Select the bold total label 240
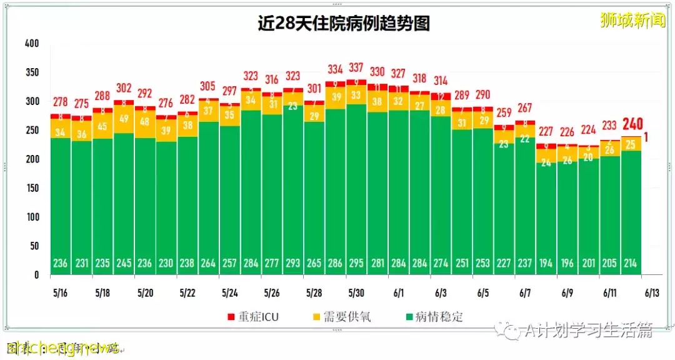tap(632, 124)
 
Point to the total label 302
tap(124, 88)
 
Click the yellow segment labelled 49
tap(124, 119)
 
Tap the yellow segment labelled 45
tap(102, 126)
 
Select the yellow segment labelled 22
tap(526, 139)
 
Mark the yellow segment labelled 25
tap(631, 144)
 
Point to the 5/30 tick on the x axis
tap(357, 292)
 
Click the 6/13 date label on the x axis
tap(652, 292)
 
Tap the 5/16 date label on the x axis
tap(61, 292)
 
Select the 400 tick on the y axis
tap(31, 44)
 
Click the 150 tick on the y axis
tap(31, 188)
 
